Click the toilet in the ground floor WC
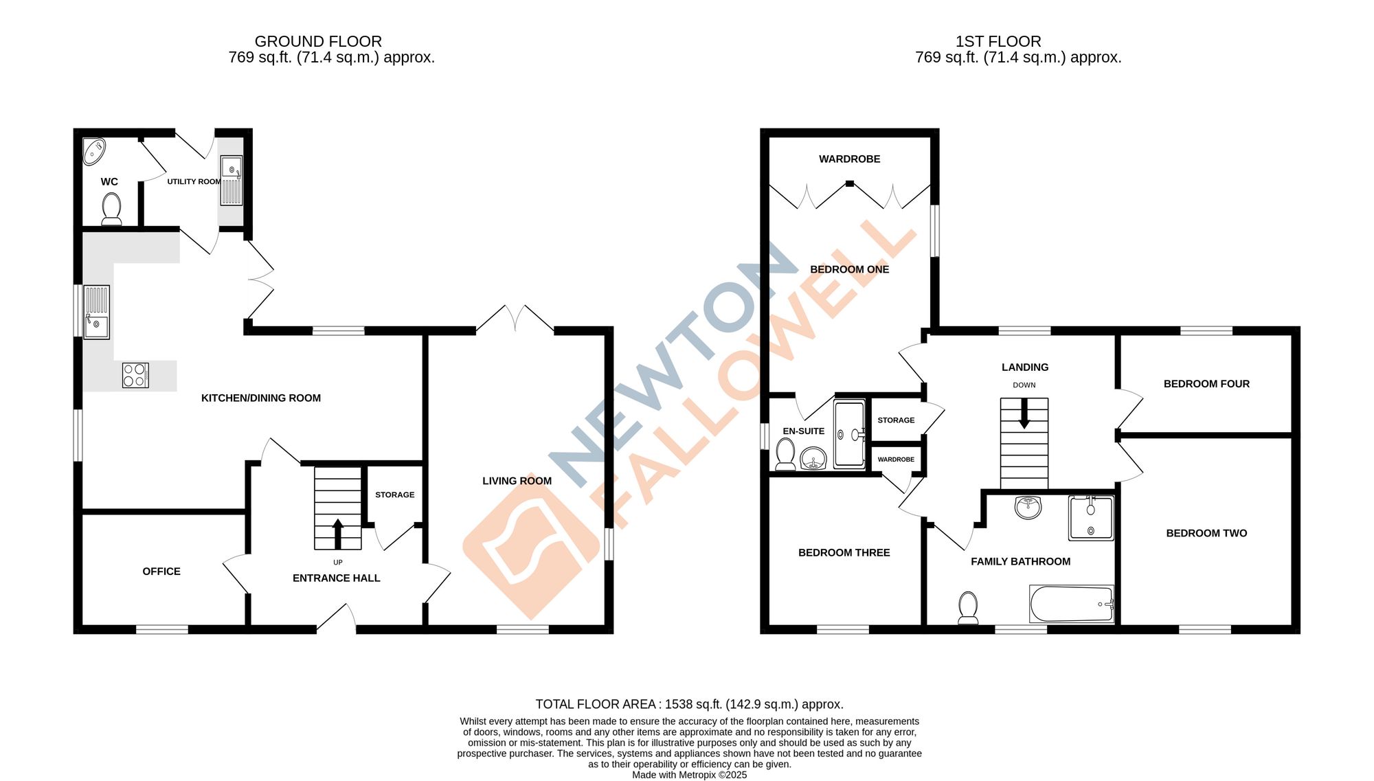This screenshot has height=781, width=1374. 111,208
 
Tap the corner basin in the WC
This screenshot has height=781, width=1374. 93,151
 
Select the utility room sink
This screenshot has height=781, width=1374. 232,180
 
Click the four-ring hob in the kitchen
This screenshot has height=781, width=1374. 135,376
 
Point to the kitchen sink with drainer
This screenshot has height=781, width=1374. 97,313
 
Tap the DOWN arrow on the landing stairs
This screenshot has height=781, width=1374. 1024,415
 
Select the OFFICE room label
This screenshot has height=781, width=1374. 161,571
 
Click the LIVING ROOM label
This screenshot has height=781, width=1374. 517,481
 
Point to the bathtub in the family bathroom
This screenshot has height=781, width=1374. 1071,604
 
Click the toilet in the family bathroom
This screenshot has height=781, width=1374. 968,608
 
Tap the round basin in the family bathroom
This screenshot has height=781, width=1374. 1028,508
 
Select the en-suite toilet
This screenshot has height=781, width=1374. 785,455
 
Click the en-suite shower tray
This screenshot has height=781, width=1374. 849,435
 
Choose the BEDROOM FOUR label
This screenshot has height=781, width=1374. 1206,384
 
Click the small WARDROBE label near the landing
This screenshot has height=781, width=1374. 896,460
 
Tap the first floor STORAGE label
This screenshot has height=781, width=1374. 896,420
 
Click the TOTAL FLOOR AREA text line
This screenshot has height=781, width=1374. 689,704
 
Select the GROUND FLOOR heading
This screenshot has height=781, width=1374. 318,41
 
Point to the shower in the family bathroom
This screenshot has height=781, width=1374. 1091,519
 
